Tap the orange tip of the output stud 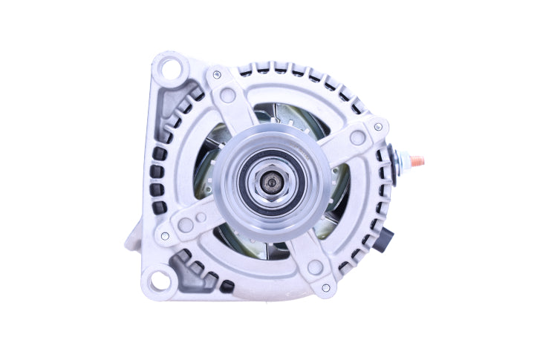421,160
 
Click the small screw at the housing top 216,74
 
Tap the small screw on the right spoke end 379,128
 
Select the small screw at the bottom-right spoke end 325,287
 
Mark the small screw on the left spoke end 165,236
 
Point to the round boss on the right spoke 357,137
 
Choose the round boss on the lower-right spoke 314,266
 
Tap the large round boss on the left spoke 186,223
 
